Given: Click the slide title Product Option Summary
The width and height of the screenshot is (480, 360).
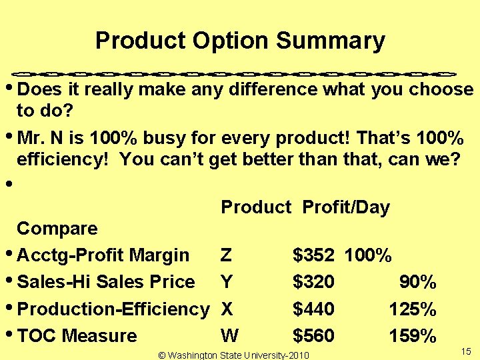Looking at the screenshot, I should click(x=240, y=41).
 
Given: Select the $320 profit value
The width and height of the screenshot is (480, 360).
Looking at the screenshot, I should click(x=313, y=282).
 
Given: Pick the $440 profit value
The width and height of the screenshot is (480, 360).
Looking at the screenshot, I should click(x=313, y=309).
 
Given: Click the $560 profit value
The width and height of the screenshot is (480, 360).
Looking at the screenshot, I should click(x=313, y=336).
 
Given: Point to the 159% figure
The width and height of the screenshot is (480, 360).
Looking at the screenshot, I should click(x=413, y=336).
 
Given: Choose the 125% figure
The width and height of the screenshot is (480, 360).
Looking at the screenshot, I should click(x=413, y=309).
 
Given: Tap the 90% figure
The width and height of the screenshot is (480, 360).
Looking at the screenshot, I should click(x=417, y=282).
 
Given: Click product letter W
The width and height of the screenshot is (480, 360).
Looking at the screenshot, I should click(x=230, y=336).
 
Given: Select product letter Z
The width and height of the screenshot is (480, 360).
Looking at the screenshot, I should click(x=227, y=255).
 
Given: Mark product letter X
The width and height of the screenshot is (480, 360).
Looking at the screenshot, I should click(x=227, y=309).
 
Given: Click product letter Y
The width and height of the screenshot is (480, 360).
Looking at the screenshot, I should click(x=227, y=282).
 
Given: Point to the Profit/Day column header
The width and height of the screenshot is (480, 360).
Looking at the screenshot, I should click(x=345, y=207).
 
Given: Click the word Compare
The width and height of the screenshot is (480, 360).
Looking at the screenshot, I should click(x=57, y=229).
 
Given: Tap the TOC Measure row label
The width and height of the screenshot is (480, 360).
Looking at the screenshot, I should click(x=77, y=336).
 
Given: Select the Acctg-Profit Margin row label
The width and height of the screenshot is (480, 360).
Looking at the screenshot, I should click(x=103, y=255).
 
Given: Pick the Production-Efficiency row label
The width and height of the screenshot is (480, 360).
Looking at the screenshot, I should click(x=113, y=309).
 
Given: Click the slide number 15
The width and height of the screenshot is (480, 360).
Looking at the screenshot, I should click(x=465, y=351).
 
